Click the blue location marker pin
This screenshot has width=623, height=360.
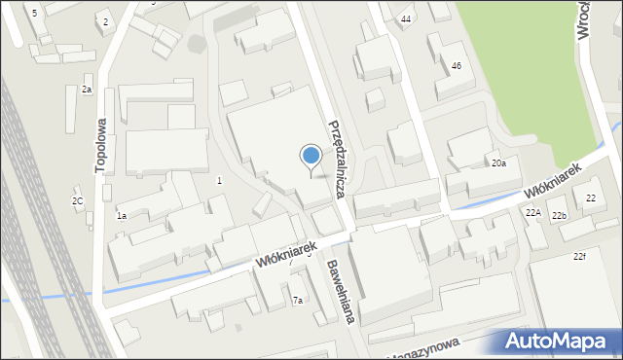[x=311, y=156]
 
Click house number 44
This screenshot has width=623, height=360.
[x=406, y=19]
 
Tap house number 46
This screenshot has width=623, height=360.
[x=456, y=65]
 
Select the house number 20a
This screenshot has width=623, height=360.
[x=498, y=163]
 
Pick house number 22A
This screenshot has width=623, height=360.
[x=532, y=213]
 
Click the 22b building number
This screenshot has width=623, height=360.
[x=559, y=215]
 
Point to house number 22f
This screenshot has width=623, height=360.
[x=579, y=256]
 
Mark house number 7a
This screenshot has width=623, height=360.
[x=298, y=301]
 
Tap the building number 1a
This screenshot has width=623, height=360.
[x=122, y=215]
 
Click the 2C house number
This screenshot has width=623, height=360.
[x=77, y=201]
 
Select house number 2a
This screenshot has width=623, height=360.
[x=86, y=90]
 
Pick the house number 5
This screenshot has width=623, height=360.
[x=34, y=13]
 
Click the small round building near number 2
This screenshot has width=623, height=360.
[x=198, y=44]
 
